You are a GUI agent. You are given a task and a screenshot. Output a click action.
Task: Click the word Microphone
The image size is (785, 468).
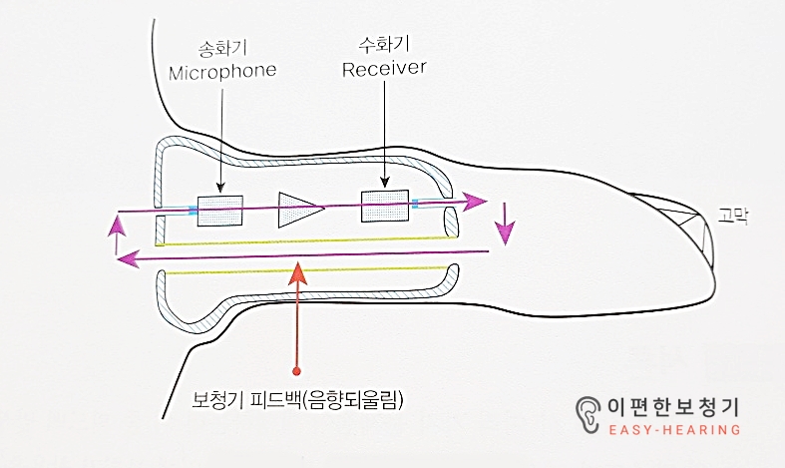[x=221, y=72]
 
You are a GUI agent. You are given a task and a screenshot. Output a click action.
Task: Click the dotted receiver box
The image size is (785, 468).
[x=385, y=205]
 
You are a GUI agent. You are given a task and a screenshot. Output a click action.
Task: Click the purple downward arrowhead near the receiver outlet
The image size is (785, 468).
[x=507, y=234]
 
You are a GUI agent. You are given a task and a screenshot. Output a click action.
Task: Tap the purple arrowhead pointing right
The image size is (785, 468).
[x=476, y=201]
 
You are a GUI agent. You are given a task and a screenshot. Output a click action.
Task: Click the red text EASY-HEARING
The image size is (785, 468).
[x=674, y=430]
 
